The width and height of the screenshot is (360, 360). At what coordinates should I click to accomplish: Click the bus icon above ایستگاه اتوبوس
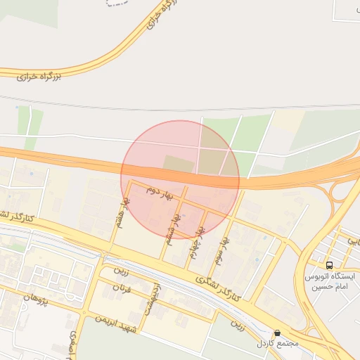click(x=329, y=265)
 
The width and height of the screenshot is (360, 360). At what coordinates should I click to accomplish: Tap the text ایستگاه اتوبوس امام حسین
click(x=330, y=282)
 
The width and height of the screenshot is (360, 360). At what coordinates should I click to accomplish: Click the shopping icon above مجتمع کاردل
click(x=277, y=333)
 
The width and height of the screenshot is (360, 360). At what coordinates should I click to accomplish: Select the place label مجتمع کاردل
click(x=278, y=344)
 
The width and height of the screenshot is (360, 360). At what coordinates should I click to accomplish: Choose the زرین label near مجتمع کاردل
click(x=239, y=326)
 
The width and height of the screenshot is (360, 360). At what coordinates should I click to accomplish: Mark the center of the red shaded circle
click(x=180, y=179)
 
